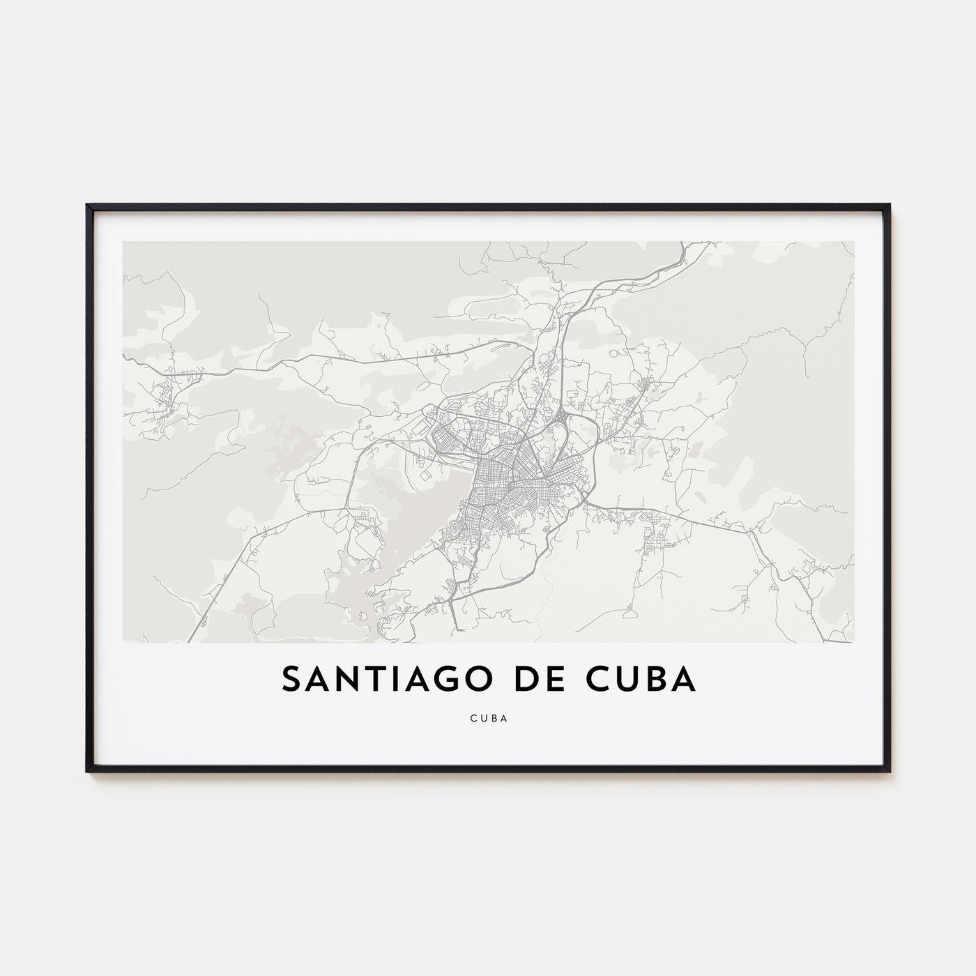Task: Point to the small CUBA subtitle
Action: [x=488, y=715]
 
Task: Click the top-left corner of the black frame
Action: [x=87, y=205]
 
